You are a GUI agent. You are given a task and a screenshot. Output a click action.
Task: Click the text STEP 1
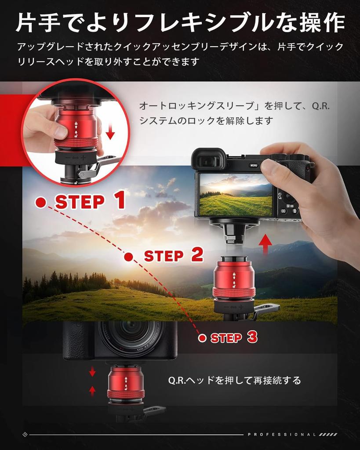(x=90, y=201)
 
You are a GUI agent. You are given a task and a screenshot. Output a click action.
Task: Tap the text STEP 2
(x=174, y=255)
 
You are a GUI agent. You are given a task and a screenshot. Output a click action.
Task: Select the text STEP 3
(x=234, y=337)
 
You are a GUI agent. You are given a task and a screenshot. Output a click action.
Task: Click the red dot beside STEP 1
(x=41, y=202)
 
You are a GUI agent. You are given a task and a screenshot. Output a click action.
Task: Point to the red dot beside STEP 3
(x=202, y=338)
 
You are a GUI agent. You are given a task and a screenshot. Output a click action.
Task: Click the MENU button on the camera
(x=254, y=166)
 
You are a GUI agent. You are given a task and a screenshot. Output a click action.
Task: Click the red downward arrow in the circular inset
(x=110, y=130)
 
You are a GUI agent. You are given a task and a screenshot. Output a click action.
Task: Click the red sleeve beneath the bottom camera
(x=126, y=382)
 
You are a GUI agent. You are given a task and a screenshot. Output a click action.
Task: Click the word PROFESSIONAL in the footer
(x=282, y=435)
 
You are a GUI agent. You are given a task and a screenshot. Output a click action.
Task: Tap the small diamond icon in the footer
(x=25, y=435)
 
